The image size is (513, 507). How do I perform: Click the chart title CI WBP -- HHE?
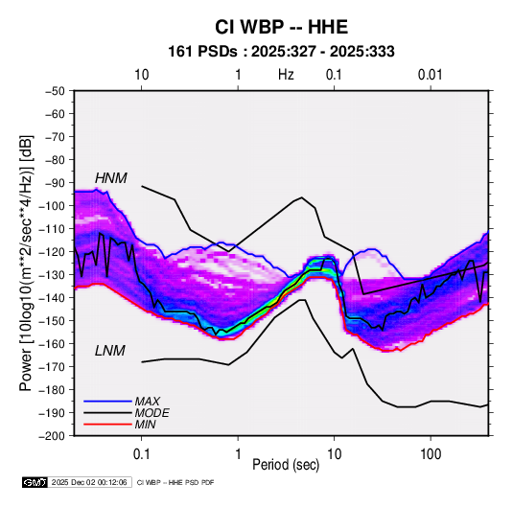[281, 27]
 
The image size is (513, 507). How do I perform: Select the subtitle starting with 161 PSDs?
[281, 52]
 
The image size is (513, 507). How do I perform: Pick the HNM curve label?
[111, 178]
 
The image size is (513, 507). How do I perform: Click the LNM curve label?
[110, 351]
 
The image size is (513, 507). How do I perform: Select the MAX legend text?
[148, 402]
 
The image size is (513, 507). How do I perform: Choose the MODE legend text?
[152, 413]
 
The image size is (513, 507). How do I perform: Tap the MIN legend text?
[145, 425]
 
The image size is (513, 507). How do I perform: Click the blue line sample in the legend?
[107, 402]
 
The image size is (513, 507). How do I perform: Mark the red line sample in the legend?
[107, 425]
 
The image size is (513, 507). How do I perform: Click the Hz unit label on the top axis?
[286, 75]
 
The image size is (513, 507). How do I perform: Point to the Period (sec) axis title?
[286, 465]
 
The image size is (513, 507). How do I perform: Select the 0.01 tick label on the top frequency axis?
[431, 75]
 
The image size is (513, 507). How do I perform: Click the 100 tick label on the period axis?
[431, 454]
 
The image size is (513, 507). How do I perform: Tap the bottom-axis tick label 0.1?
[141, 454]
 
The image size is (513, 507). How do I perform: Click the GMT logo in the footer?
[35, 482]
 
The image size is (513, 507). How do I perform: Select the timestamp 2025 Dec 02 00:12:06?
[89, 482]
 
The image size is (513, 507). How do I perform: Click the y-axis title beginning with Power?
[27, 263]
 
